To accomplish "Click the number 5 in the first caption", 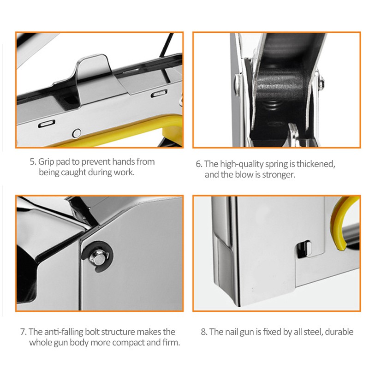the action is point(33,162).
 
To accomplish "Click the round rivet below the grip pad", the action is point(77,133).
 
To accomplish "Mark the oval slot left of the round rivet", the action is point(47,124).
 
